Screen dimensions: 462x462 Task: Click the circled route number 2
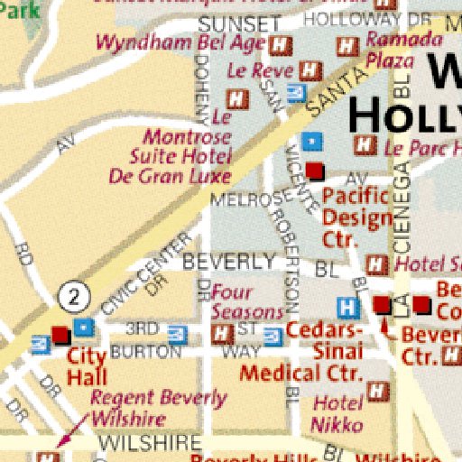pyautogui.click(x=76, y=295)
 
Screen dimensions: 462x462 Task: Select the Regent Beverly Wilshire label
pyautogui.click(x=159, y=408)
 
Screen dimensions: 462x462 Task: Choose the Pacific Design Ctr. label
pyautogui.click(x=356, y=217)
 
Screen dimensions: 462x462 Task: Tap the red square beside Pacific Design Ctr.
pyautogui.click(x=314, y=171)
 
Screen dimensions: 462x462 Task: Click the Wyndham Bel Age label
pyautogui.click(x=180, y=42)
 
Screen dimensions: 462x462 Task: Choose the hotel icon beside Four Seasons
pyautogui.click(x=219, y=335)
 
